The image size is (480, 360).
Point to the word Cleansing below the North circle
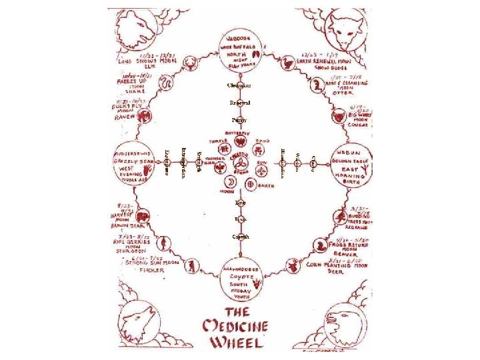tap(240, 85)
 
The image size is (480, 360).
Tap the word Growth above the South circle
tap(240, 237)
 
